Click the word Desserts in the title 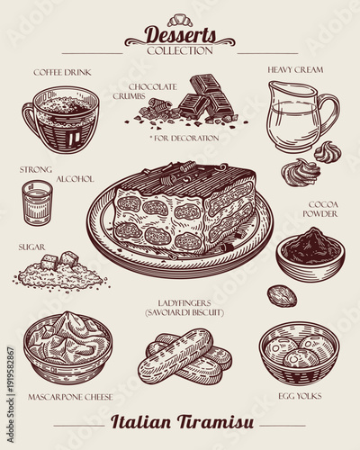pyautogui.click(x=181, y=35)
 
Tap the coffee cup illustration pyautogui.click(x=60, y=120)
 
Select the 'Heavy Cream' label pyautogui.click(x=295, y=69)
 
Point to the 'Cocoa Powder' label pyautogui.click(x=322, y=210)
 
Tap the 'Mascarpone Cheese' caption pyautogui.click(x=70, y=395)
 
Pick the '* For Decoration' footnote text pyautogui.click(x=184, y=138)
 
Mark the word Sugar pyautogui.click(x=33, y=245)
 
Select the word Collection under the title pyautogui.click(x=180, y=50)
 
